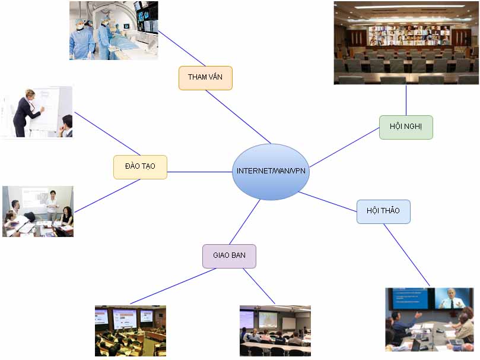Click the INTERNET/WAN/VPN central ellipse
(x=271, y=171)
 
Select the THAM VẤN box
(x=205, y=78)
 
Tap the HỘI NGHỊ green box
(x=406, y=127)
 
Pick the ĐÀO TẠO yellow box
(x=140, y=167)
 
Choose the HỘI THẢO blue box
(x=383, y=211)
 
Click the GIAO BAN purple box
(x=229, y=256)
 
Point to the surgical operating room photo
(x=113, y=30)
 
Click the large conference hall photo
(x=406, y=43)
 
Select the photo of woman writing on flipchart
(x=37, y=112)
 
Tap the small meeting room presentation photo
(x=37, y=211)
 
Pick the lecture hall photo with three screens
(x=130, y=331)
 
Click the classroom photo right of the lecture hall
(x=275, y=331)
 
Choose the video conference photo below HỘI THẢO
(x=429, y=320)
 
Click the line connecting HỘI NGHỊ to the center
(x=344, y=147)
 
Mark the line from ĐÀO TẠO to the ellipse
(x=199, y=172)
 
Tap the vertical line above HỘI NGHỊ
(x=406, y=100)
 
